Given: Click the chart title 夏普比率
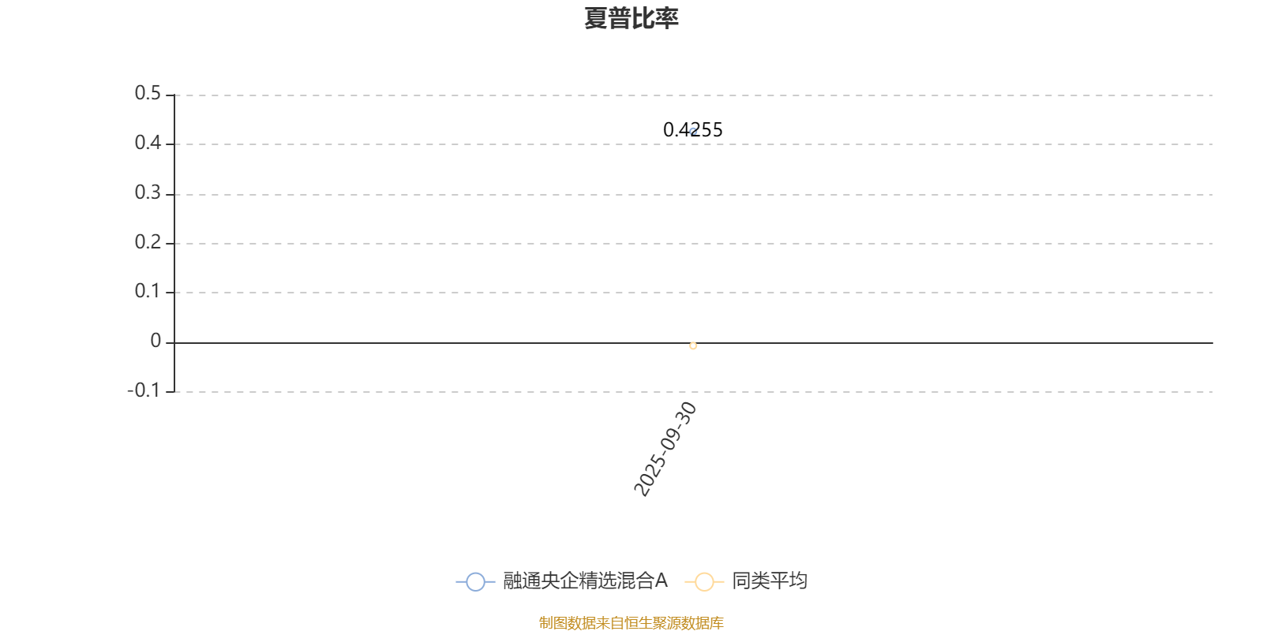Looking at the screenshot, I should [631, 18].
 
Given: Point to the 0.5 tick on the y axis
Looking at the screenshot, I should [148, 94].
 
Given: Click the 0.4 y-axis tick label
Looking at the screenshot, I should [148, 143].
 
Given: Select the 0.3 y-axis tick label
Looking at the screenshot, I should [148, 192].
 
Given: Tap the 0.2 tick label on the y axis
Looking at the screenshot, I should [148, 242].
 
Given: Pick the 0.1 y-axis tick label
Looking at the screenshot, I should [148, 291].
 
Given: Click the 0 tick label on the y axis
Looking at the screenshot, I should [156, 341].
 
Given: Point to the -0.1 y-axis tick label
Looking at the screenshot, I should [144, 390].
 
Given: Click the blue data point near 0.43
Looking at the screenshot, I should [693, 132].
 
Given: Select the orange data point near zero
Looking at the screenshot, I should [693, 345].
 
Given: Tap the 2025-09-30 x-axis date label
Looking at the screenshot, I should [665, 449].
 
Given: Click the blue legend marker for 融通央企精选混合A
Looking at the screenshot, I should [475, 582].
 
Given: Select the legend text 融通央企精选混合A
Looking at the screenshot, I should [585, 581].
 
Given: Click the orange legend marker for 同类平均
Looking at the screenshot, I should [704, 582].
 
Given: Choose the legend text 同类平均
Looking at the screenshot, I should [769, 581].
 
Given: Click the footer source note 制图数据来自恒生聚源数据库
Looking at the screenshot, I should [631, 623].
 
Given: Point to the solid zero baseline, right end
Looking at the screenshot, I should [1208, 343].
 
